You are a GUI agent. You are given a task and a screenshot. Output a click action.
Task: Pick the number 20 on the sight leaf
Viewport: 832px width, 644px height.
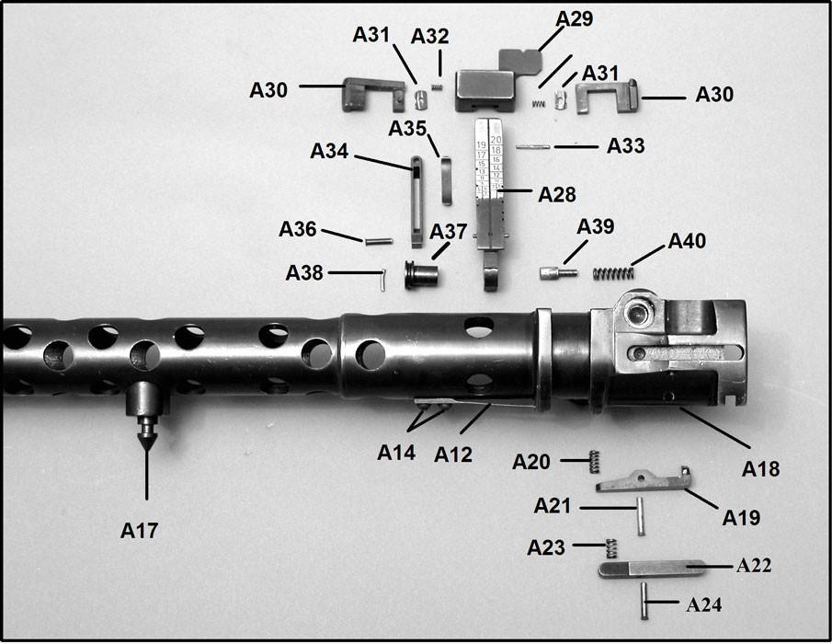point(496,139)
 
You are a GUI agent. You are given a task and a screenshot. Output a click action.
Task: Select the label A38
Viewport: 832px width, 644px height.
point(304,273)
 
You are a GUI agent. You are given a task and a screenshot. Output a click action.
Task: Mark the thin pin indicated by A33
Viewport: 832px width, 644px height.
point(532,145)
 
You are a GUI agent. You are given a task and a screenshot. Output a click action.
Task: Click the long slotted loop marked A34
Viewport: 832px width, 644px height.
point(416,201)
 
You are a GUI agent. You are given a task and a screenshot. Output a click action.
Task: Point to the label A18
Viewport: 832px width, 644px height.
point(760,468)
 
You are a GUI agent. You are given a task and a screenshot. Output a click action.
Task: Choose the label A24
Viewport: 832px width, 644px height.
point(705,604)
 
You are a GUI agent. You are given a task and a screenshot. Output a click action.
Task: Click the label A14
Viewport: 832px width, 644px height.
point(396,453)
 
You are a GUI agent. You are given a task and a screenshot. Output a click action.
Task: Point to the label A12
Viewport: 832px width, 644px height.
point(453,454)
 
